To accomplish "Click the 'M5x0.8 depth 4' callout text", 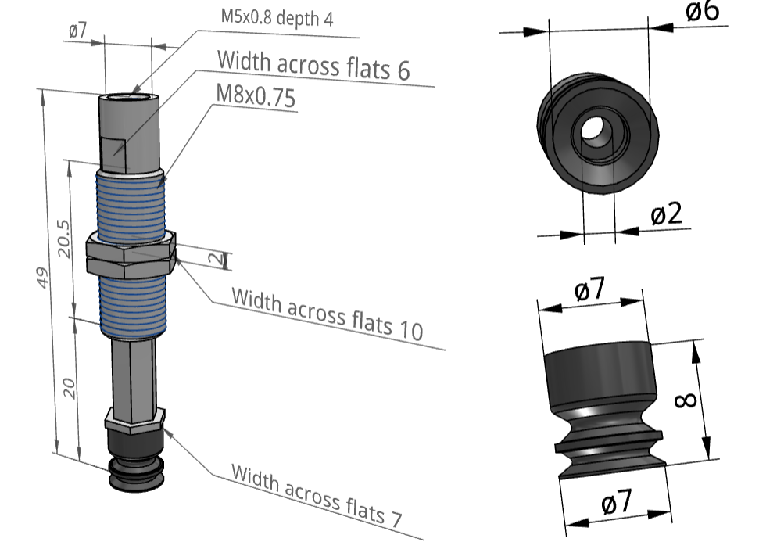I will (277, 17).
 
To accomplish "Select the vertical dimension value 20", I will (70, 388).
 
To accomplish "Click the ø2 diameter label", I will (667, 214).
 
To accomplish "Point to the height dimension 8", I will (685, 400).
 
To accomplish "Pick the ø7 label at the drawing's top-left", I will (77, 31).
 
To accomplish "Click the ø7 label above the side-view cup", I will (589, 290).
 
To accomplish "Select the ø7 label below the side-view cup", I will (617, 503).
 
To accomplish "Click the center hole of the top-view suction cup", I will (597, 131).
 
